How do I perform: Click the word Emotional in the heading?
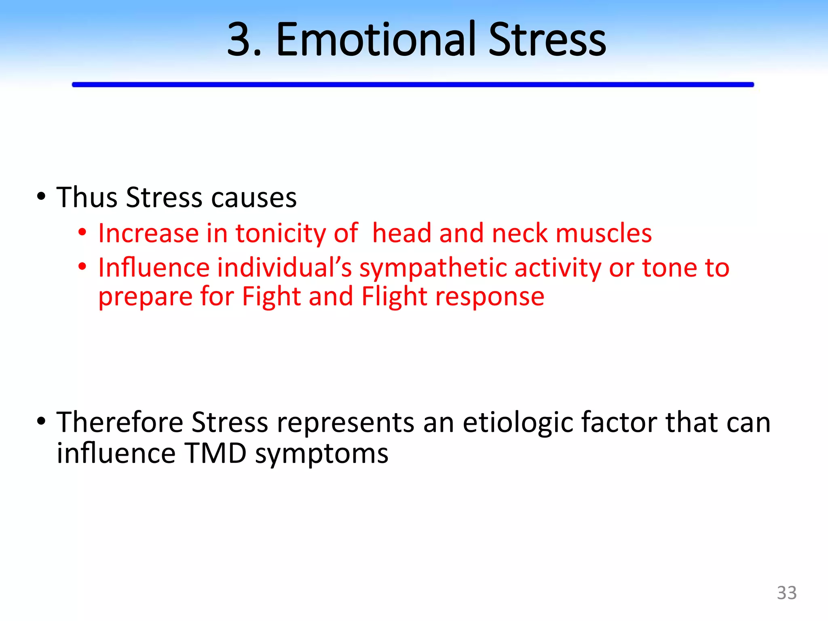375,40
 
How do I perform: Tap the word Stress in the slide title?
547,40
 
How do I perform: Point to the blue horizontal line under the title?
412,84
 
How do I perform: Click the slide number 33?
786,593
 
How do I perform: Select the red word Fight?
272,297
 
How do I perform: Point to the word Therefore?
120,422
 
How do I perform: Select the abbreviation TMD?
215,454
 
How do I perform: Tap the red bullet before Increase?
82,232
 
